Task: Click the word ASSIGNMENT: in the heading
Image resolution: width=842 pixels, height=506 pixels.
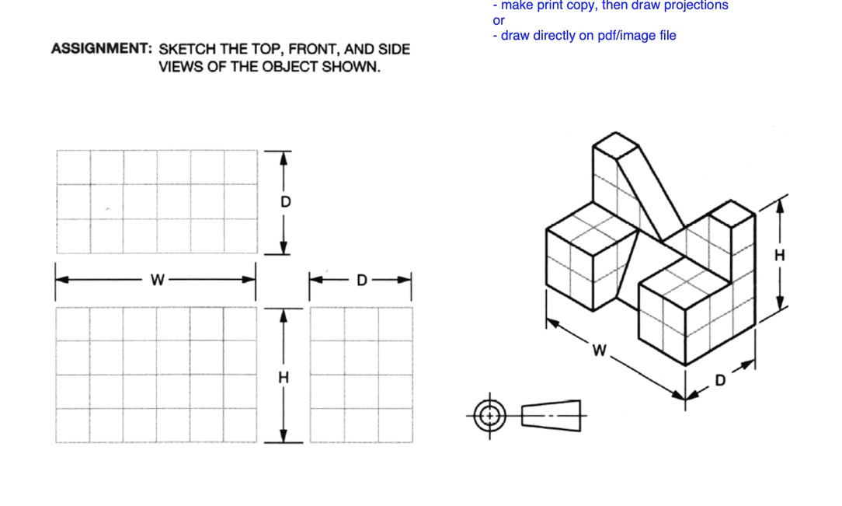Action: tap(101, 49)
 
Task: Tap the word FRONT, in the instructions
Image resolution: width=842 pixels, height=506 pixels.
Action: tap(317, 49)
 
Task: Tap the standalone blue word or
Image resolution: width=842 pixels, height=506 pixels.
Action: tap(499, 20)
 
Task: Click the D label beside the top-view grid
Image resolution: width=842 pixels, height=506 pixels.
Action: tap(285, 202)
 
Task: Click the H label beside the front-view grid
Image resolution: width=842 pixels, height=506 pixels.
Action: tap(284, 378)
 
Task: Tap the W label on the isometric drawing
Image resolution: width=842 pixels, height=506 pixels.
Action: tap(599, 351)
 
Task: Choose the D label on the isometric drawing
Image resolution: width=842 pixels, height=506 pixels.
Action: tap(719, 381)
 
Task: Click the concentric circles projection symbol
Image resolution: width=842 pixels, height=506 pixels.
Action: tap(489, 416)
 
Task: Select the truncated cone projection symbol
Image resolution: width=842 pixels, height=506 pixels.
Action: tap(551, 416)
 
